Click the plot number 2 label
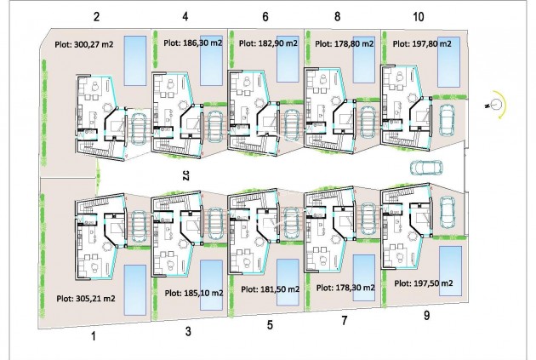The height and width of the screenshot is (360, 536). point(96,16)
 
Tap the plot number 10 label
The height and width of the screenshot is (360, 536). point(419,16)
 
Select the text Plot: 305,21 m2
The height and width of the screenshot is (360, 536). point(85,298)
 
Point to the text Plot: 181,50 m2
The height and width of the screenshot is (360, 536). point(270,289)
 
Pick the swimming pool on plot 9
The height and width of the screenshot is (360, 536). point(450,260)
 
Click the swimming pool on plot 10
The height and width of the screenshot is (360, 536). point(448,60)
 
